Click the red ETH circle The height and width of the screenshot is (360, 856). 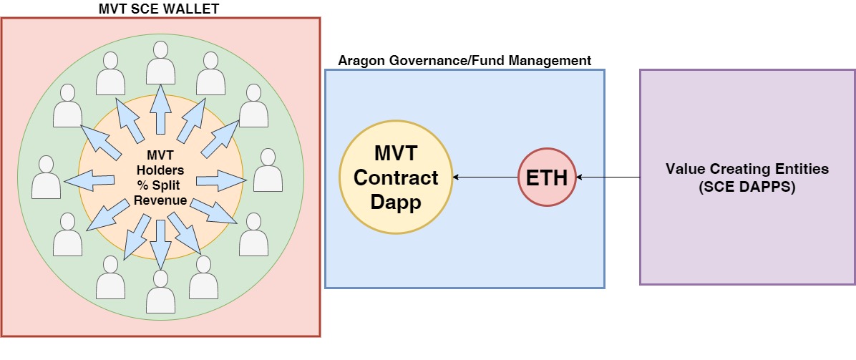pos(547,177)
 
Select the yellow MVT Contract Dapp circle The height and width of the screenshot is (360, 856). pos(396,177)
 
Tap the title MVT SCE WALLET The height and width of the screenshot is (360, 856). pos(159,9)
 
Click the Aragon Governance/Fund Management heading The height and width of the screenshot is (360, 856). pos(464,61)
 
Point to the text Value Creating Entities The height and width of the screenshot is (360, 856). pos(746,169)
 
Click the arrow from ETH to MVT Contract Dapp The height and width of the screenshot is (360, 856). pos(485,177)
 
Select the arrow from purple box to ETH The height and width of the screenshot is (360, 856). pos(608,177)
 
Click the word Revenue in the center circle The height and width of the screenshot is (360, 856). pos(160,200)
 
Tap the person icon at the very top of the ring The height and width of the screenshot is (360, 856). pos(160,63)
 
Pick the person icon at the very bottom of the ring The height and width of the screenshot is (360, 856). pos(160,291)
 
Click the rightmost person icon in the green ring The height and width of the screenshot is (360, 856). pos(268,170)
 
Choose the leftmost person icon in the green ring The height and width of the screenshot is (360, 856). pos(47,177)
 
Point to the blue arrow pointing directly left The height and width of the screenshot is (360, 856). pos(89,180)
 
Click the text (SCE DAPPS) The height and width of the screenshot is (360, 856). pos(746,187)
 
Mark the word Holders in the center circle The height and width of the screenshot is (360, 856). pos(160,170)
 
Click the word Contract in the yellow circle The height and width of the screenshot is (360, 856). pos(396,177)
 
